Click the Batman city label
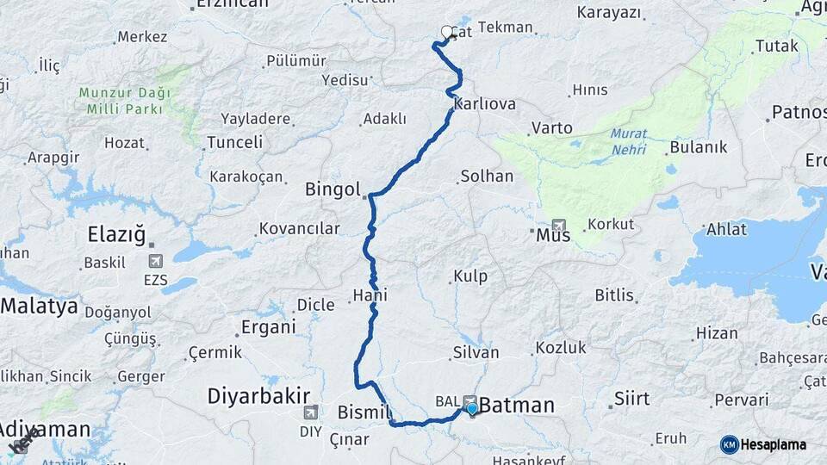517,406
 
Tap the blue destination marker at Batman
471,409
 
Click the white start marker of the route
447,33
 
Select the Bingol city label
333,189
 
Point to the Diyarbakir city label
258,396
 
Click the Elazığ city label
117,233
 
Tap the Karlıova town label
486,104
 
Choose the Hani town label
370,295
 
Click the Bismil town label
365,411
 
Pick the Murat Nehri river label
628,141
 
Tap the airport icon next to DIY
310,412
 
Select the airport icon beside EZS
155,260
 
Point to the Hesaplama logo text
773,444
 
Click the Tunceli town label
235,142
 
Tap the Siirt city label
632,399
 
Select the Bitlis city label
614,295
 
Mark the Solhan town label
487,176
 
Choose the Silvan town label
476,352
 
